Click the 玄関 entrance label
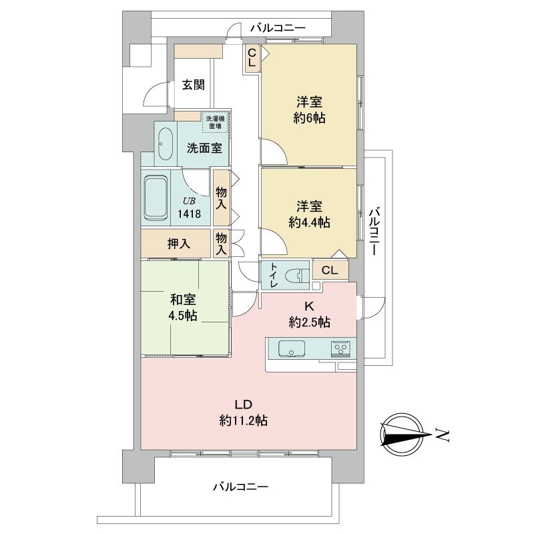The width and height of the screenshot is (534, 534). (x=193, y=85)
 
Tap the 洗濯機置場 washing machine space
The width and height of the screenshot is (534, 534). (x=215, y=123)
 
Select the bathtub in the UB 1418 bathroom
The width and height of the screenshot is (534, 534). (x=156, y=198)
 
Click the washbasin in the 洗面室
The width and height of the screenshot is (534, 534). (x=166, y=144)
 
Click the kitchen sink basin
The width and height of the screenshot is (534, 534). (x=291, y=348)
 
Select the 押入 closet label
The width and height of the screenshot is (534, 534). (x=178, y=244)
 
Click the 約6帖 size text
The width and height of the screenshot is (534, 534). (x=309, y=118)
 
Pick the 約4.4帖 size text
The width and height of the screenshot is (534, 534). (x=309, y=222)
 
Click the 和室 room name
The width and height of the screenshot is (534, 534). (x=183, y=300)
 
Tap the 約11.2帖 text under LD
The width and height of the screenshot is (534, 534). (x=243, y=421)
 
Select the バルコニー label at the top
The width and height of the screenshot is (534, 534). (x=278, y=27)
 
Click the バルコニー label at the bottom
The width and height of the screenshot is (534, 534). (x=240, y=487)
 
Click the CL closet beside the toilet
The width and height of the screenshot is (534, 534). (x=330, y=270)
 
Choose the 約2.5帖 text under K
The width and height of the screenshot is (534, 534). (x=309, y=322)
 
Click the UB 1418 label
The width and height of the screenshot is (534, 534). (x=189, y=208)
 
